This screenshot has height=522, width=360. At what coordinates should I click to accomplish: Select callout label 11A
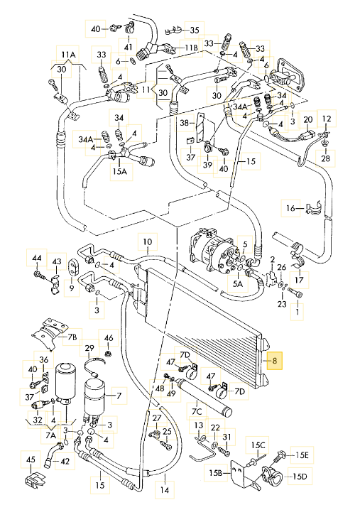pyautogui.click(x=67, y=55)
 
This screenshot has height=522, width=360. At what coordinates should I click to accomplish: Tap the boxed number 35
pyautogui.click(x=194, y=29)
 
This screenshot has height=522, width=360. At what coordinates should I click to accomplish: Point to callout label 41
pyautogui.click(x=129, y=48)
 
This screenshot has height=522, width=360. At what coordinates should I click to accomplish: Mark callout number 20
pyautogui.click(x=307, y=120)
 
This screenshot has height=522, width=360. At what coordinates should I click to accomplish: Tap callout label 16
pyautogui.click(x=290, y=208)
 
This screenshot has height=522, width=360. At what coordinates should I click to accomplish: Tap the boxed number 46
pyautogui.click(x=109, y=337)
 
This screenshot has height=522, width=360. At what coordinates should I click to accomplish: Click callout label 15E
pyautogui.click(x=302, y=455)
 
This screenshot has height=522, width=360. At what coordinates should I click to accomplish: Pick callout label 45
pyautogui.click(x=31, y=460)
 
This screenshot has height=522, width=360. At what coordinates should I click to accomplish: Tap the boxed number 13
pyautogui.click(x=199, y=425)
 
